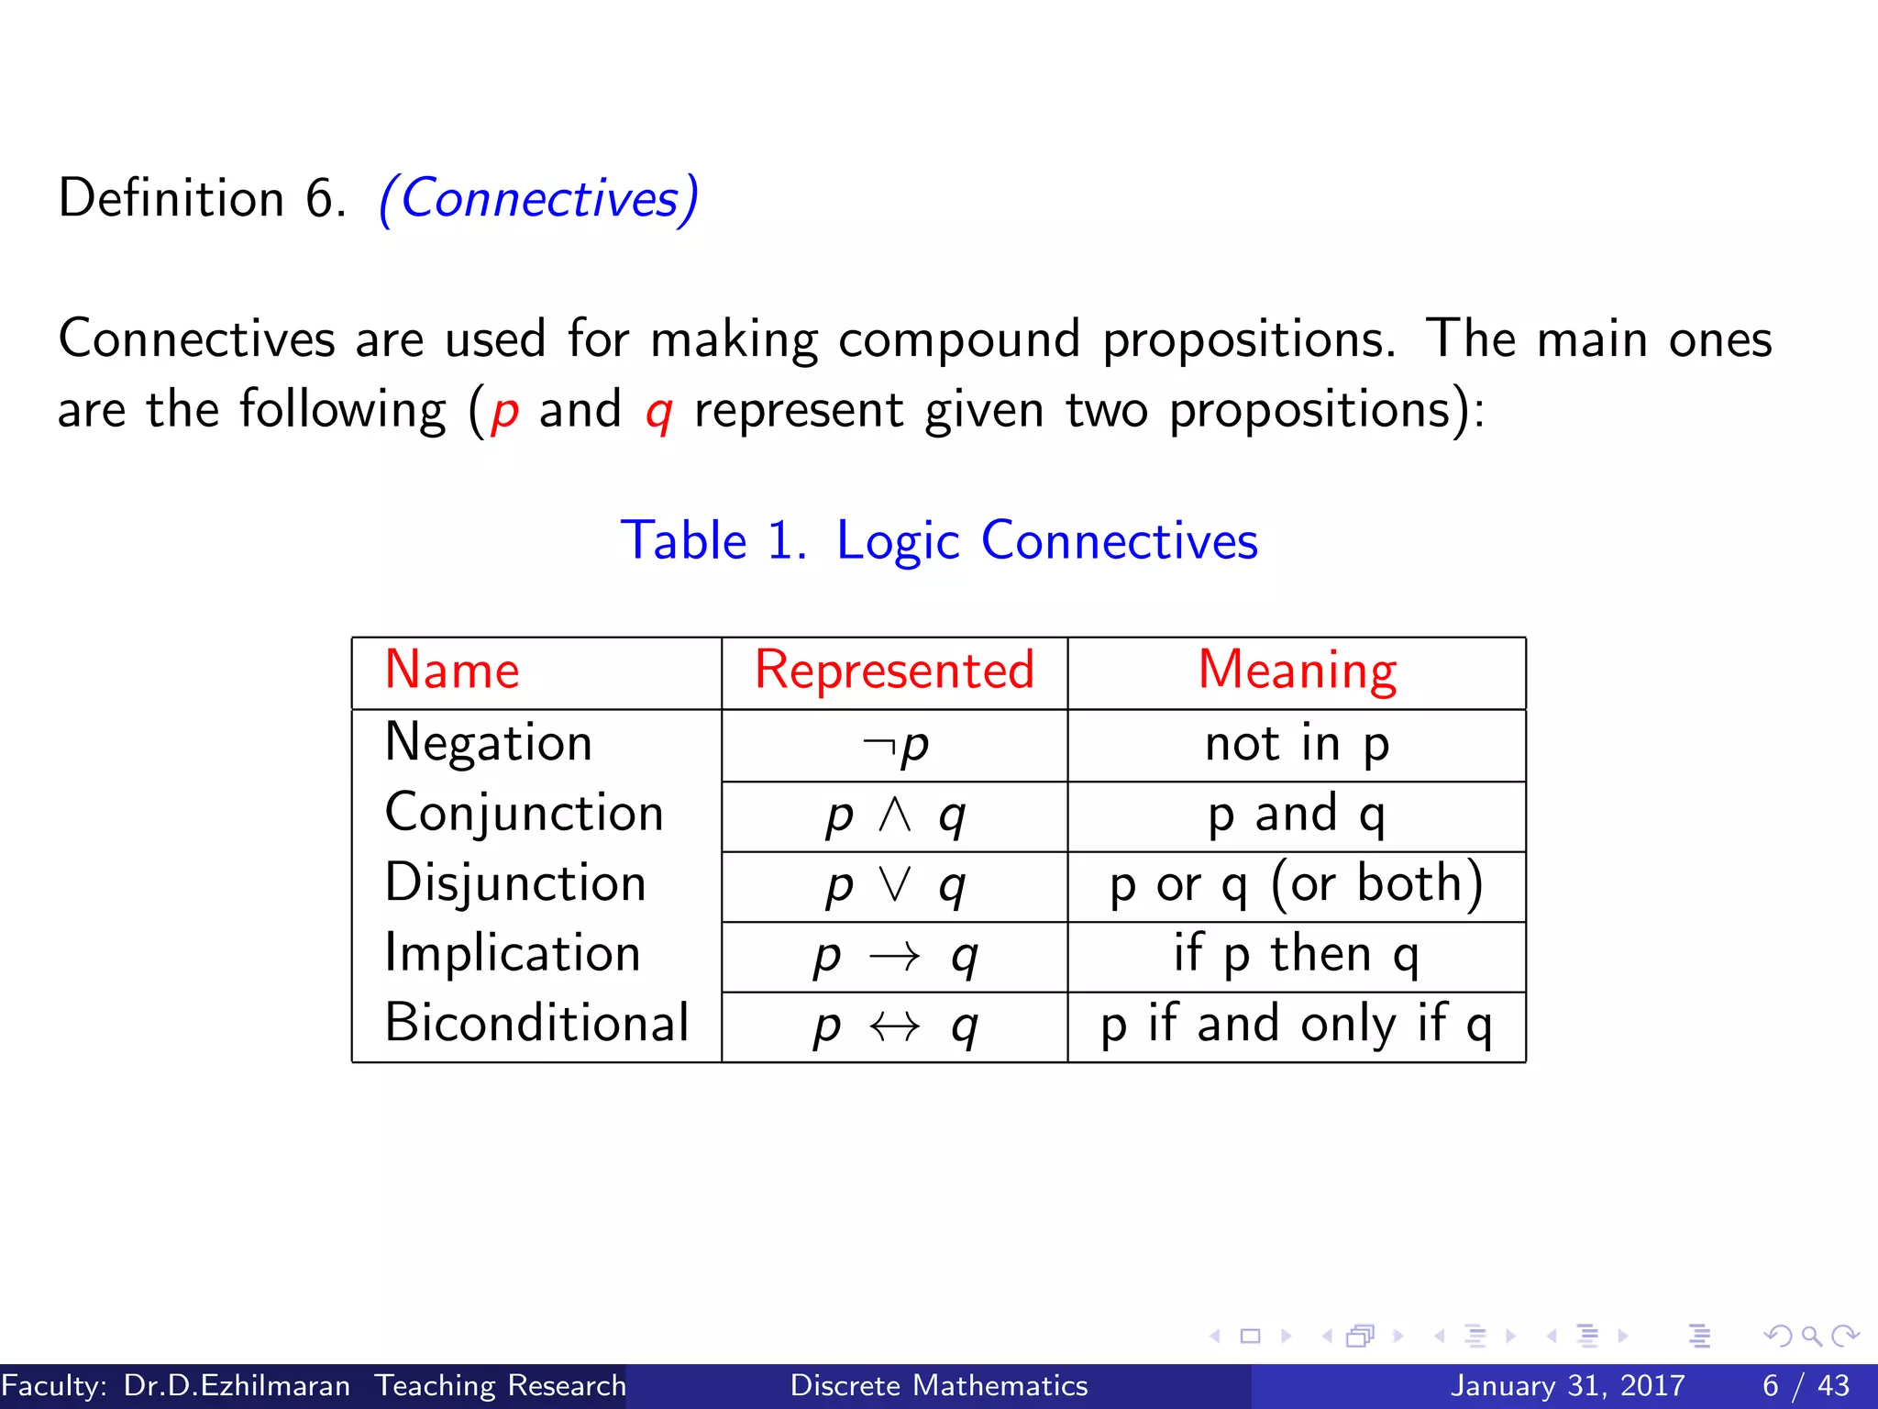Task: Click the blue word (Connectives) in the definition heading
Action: click(539, 198)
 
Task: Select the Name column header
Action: click(452, 670)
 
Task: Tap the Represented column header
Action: click(894, 670)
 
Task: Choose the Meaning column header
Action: click(1297, 670)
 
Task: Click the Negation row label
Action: click(489, 742)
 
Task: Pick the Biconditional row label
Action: click(536, 1023)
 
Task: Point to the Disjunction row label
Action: click(515, 883)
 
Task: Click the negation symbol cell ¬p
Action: click(896, 745)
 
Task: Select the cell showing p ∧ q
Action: click(895, 815)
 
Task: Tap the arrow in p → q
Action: click(894, 957)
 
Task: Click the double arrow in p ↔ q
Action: click(894, 1026)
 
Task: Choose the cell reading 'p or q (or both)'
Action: click(1297, 884)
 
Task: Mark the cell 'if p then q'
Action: click(1297, 954)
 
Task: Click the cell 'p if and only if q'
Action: click(1297, 1025)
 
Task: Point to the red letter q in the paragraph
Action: click(659, 413)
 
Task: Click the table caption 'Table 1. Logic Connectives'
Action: click(939, 540)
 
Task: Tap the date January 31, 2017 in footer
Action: click(1567, 1385)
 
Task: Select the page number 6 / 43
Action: click(1805, 1385)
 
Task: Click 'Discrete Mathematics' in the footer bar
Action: click(939, 1385)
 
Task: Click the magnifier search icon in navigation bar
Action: click(1811, 1336)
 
